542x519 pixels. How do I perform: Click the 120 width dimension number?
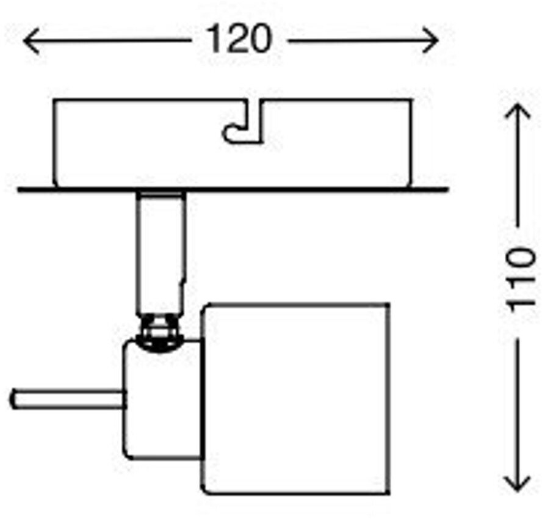click(239, 40)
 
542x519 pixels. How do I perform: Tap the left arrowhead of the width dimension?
click(28, 42)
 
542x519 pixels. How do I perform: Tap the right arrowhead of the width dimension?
click(433, 41)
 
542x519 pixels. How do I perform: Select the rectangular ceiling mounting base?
click(140, 143)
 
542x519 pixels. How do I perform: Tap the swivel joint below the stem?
click(160, 333)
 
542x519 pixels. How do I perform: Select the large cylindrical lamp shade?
click(297, 397)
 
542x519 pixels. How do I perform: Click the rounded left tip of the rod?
click(13, 400)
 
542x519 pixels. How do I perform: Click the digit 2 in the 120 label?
click(239, 40)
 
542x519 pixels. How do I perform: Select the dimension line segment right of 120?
click(360, 41)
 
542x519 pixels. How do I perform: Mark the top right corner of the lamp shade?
click(389, 303)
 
